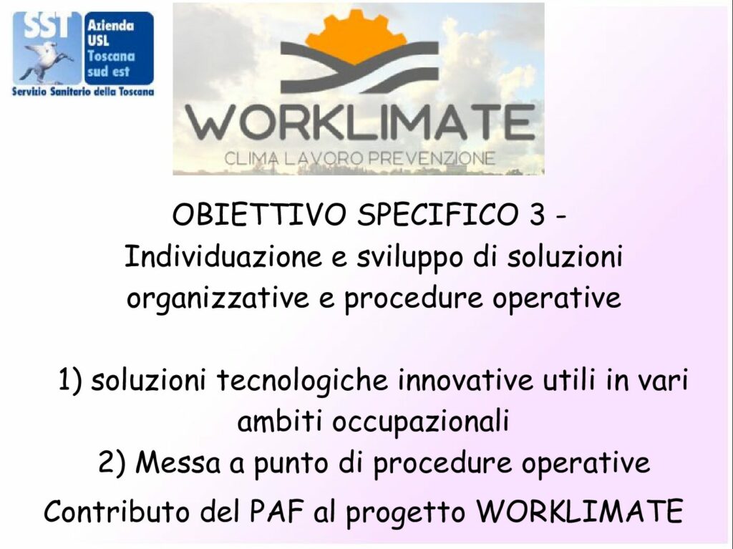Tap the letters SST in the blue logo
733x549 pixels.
pos(47,26)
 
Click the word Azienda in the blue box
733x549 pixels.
pos(110,26)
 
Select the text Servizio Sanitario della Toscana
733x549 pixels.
pos(83,92)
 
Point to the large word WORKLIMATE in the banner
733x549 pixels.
pos(360,122)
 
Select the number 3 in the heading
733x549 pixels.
pos(538,215)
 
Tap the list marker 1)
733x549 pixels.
pos(71,380)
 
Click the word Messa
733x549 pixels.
pos(178,463)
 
